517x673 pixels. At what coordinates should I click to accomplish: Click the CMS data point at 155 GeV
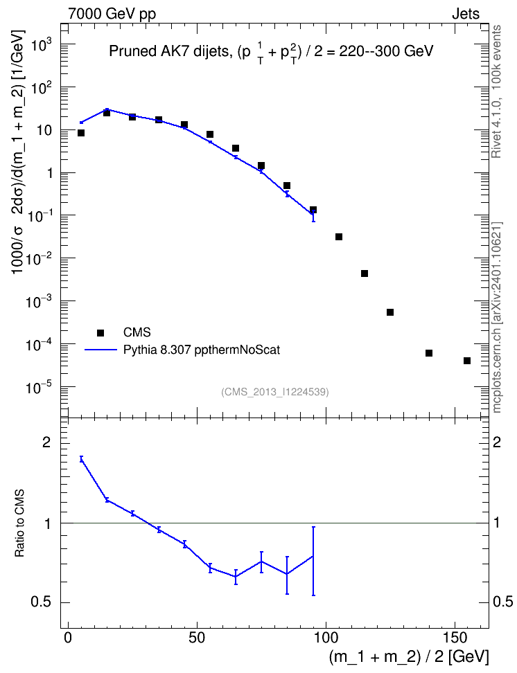pos(467,361)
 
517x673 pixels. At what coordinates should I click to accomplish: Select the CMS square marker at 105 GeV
pos(339,237)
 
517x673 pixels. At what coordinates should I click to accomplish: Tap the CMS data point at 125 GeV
pos(390,312)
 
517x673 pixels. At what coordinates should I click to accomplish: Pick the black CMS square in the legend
pos(100,332)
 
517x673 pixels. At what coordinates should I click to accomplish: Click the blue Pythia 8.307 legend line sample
pos(101,350)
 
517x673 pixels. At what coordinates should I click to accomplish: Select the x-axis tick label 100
pos(326,638)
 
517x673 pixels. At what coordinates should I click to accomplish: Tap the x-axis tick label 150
pos(455,638)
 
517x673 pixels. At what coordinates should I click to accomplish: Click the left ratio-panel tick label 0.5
pos(41,602)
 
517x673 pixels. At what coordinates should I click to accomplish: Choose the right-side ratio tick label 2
pos(497,442)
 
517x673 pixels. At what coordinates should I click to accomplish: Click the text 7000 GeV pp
pos(112,14)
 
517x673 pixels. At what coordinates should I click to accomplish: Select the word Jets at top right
pos(466,14)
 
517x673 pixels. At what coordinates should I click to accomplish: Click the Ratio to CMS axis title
pos(19,523)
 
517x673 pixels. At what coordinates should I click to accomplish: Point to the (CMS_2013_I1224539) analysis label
pos(275,392)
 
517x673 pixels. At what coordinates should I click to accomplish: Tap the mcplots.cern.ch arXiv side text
pos(496,318)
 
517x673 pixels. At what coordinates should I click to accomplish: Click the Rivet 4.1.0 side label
pos(496,91)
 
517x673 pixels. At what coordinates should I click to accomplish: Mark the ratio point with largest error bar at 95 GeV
pos(313,556)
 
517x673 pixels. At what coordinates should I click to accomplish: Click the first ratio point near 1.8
pos(81,459)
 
